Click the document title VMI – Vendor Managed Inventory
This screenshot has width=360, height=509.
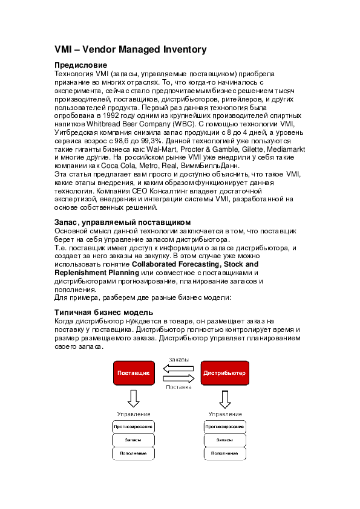click(130, 50)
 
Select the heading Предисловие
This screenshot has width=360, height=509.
click(81, 65)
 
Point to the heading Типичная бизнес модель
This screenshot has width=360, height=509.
click(99, 312)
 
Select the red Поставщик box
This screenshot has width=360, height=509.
click(133, 373)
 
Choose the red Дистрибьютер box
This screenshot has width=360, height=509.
click(224, 373)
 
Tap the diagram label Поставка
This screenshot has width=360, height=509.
click(178, 387)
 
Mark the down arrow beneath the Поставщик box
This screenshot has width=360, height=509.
click(133, 398)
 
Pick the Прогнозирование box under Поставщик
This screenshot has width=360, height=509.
click(133, 426)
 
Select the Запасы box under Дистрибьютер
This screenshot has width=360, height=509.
click(225, 439)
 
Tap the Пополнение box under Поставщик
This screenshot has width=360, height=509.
click(133, 453)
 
